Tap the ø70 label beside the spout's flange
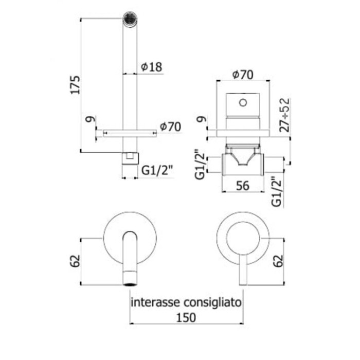point(170,127)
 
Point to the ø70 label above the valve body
point(242,75)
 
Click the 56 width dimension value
point(242,186)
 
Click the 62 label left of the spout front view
point(76,261)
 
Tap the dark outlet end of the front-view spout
point(130,281)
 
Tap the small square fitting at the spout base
point(130,158)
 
